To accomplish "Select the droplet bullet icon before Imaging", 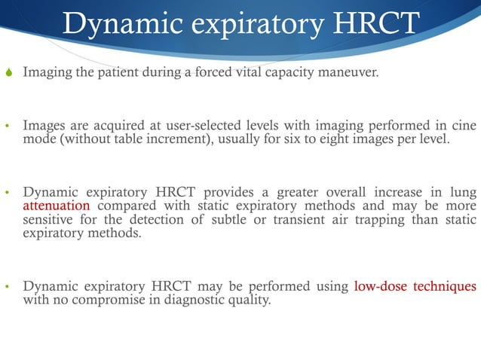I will click(8, 74).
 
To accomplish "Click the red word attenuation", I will click(57, 205).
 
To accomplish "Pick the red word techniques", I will click(446, 286).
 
